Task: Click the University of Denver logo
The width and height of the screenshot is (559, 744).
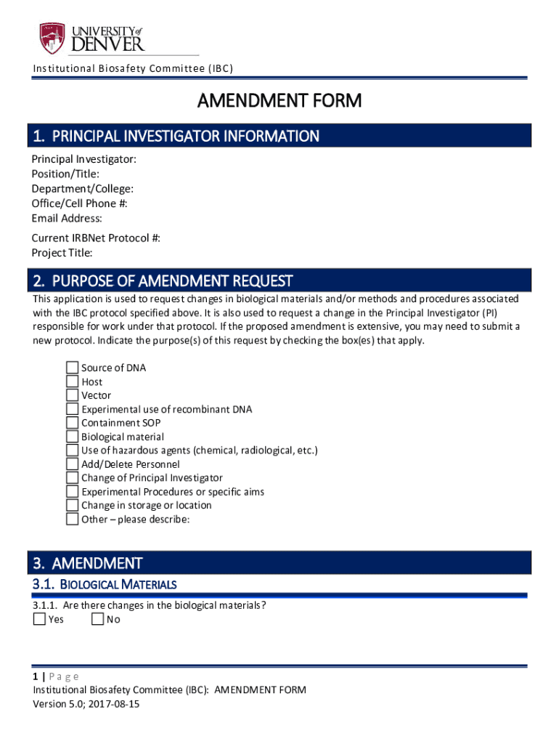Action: [92, 37]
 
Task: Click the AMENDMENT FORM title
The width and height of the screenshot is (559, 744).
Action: [279, 100]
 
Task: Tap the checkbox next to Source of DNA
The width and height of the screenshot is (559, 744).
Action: [72, 368]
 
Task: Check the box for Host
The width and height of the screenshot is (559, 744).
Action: [72, 381]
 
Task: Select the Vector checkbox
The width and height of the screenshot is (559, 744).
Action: [72, 395]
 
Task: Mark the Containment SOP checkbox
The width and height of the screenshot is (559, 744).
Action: [72, 423]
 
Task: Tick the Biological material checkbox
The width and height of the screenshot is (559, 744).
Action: [72, 437]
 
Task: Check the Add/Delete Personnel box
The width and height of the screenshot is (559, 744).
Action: [72, 464]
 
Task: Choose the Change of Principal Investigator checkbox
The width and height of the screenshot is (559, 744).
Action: [72, 478]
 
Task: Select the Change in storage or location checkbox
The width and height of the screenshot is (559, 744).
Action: [72, 505]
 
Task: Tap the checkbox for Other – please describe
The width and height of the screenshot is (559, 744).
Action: [72, 519]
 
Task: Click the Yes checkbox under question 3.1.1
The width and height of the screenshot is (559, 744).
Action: [39, 620]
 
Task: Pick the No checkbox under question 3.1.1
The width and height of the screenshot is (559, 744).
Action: [97, 620]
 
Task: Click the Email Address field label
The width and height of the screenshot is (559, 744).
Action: [67, 219]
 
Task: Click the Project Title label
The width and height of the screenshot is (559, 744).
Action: [62, 253]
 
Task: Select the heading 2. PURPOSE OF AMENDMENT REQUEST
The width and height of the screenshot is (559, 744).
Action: [163, 280]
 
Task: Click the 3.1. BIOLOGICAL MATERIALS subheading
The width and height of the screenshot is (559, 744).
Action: [104, 584]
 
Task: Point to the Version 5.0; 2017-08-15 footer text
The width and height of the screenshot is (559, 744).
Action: [81, 704]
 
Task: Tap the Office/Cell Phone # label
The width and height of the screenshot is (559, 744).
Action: [79, 203]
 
